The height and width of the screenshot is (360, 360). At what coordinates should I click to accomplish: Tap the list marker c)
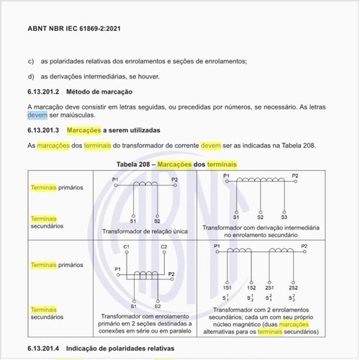click(31, 61)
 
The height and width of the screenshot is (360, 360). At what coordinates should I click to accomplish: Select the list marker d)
click(31, 76)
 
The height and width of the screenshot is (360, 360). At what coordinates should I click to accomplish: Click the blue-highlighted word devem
click(37, 115)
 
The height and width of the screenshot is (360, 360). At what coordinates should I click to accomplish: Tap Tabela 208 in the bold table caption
click(135, 165)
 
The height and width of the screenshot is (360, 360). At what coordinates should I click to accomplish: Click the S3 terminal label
click(284, 217)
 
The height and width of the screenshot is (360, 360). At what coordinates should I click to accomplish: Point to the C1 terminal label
click(127, 247)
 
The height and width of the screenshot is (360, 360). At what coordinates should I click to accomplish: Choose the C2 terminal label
click(164, 247)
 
